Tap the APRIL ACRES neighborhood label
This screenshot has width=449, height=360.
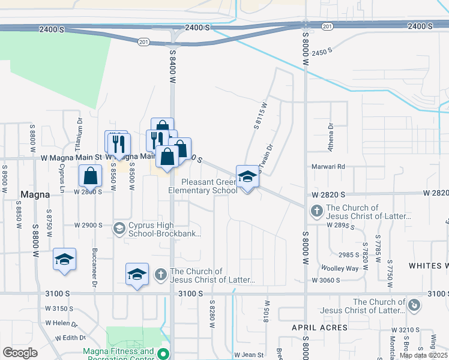click(x=320, y=328)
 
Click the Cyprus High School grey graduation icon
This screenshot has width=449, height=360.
click(x=119, y=228)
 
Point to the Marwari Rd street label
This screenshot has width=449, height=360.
click(x=327, y=166)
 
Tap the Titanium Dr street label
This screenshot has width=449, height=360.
click(x=80, y=127)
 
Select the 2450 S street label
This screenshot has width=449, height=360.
click(x=322, y=52)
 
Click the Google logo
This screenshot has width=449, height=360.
click(x=20, y=353)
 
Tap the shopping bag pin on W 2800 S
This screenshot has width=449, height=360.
click(x=90, y=176)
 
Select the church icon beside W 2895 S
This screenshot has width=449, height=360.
click(x=316, y=211)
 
